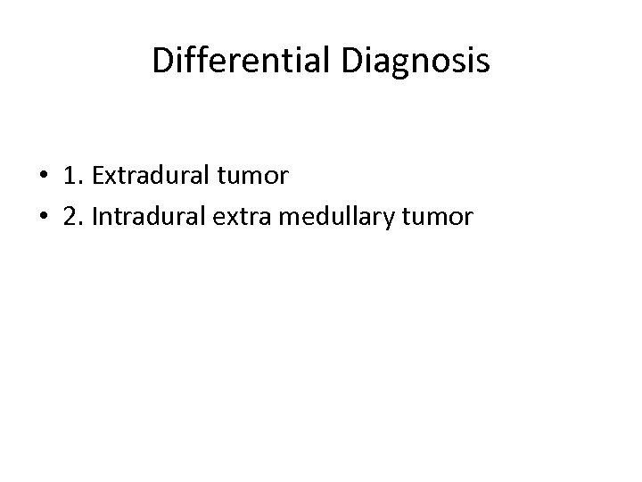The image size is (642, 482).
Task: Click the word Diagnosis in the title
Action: [x=415, y=61]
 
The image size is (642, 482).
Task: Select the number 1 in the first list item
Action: [x=70, y=176]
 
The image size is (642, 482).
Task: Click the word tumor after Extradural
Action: [x=258, y=177]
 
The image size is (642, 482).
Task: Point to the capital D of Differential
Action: [x=162, y=61]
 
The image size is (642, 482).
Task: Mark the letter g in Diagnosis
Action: [x=397, y=64]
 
